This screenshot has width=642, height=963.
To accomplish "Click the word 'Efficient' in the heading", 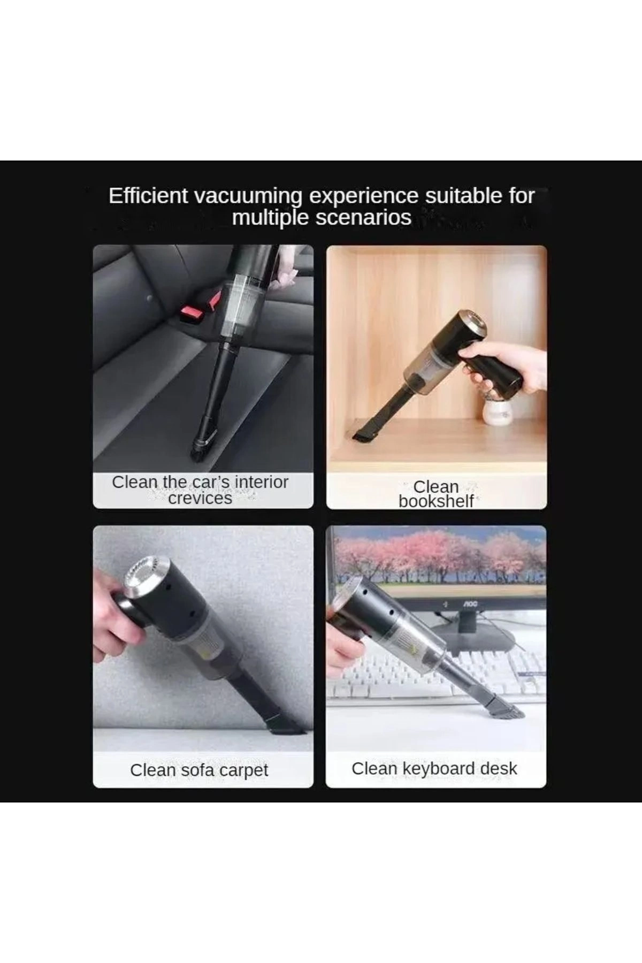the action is [x=148, y=196].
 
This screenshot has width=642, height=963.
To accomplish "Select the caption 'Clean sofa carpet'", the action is [x=199, y=770].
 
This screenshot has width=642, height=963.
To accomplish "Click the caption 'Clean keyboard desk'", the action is [x=434, y=768].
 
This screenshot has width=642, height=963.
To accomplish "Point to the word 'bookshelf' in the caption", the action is [x=436, y=501].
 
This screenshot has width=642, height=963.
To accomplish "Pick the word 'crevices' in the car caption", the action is [x=200, y=498].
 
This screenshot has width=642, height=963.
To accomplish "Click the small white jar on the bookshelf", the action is [x=496, y=414].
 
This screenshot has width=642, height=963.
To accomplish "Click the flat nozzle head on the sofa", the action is [x=284, y=723].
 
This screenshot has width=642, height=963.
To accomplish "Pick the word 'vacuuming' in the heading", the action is [x=249, y=197].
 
